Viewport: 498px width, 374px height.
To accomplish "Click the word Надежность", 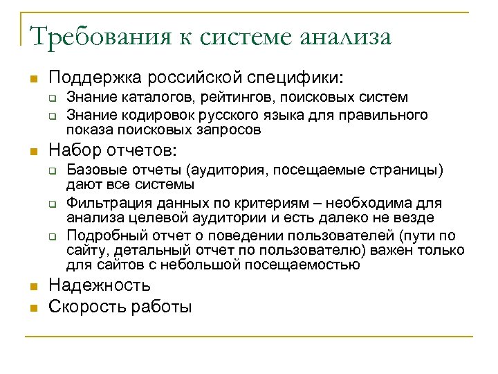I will (99, 285).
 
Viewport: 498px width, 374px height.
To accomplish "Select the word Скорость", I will (82, 306).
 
